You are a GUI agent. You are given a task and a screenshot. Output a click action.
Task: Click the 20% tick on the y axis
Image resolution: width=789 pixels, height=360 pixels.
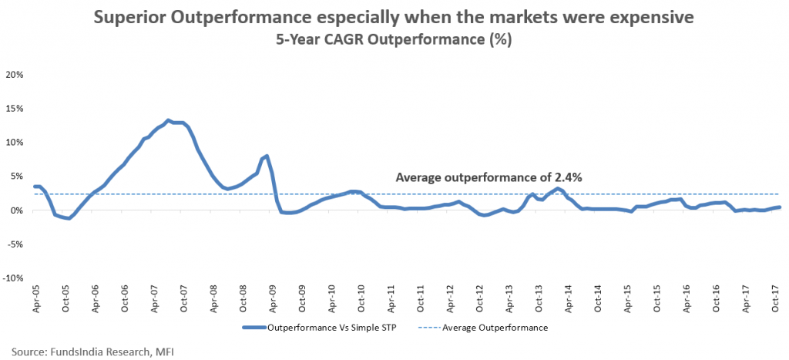click(x=15, y=75)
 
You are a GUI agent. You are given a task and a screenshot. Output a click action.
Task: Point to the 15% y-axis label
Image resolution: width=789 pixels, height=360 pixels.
click(x=15, y=109)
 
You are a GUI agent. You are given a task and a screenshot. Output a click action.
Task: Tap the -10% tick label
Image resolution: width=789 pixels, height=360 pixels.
click(x=14, y=278)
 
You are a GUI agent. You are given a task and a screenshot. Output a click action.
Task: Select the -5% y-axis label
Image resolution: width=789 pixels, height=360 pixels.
click(x=15, y=244)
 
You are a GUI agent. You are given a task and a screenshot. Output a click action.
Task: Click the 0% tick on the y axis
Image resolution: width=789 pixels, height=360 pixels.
click(x=18, y=210)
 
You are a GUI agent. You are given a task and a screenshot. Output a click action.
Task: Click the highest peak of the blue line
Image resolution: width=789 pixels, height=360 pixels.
click(x=168, y=120)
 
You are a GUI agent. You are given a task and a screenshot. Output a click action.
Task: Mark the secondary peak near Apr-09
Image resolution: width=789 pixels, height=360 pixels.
click(x=267, y=156)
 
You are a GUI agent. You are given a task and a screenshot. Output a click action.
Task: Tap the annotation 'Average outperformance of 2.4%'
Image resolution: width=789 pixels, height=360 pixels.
click(x=489, y=177)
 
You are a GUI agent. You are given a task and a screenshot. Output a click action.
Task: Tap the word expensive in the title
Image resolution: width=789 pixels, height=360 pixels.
click(x=646, y=18)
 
